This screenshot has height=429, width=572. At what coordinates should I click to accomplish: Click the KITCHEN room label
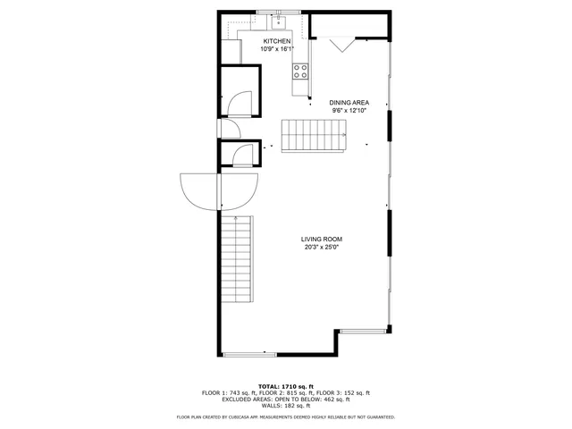tap(276, 41)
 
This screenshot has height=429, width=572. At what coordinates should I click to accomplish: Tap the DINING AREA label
tap(349, 103)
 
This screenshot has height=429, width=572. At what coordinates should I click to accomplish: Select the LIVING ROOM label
tap(323, 239)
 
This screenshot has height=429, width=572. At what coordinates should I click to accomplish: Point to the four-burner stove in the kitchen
tap(300, 71)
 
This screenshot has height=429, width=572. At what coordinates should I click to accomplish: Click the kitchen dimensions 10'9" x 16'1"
tap(277, 49)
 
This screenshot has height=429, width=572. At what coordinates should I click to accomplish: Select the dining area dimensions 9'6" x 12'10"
tap(349, 111)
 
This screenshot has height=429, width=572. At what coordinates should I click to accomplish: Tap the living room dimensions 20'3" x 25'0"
tap(323, 248)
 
